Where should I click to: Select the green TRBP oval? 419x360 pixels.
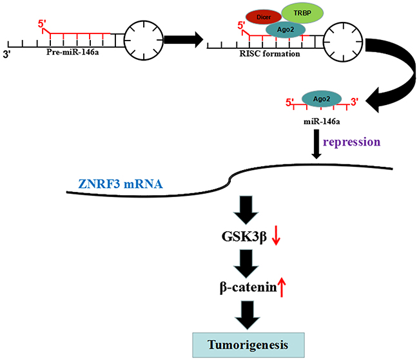tap(303, 14)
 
